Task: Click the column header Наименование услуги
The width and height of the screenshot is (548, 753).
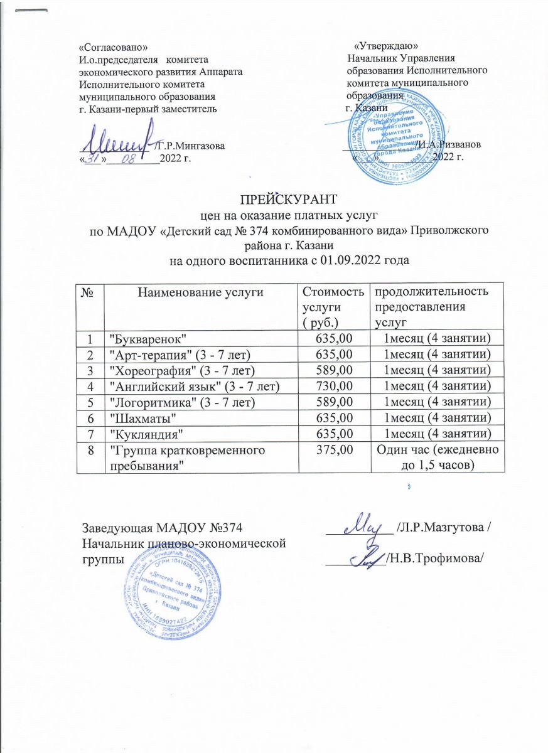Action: point(199,291)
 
